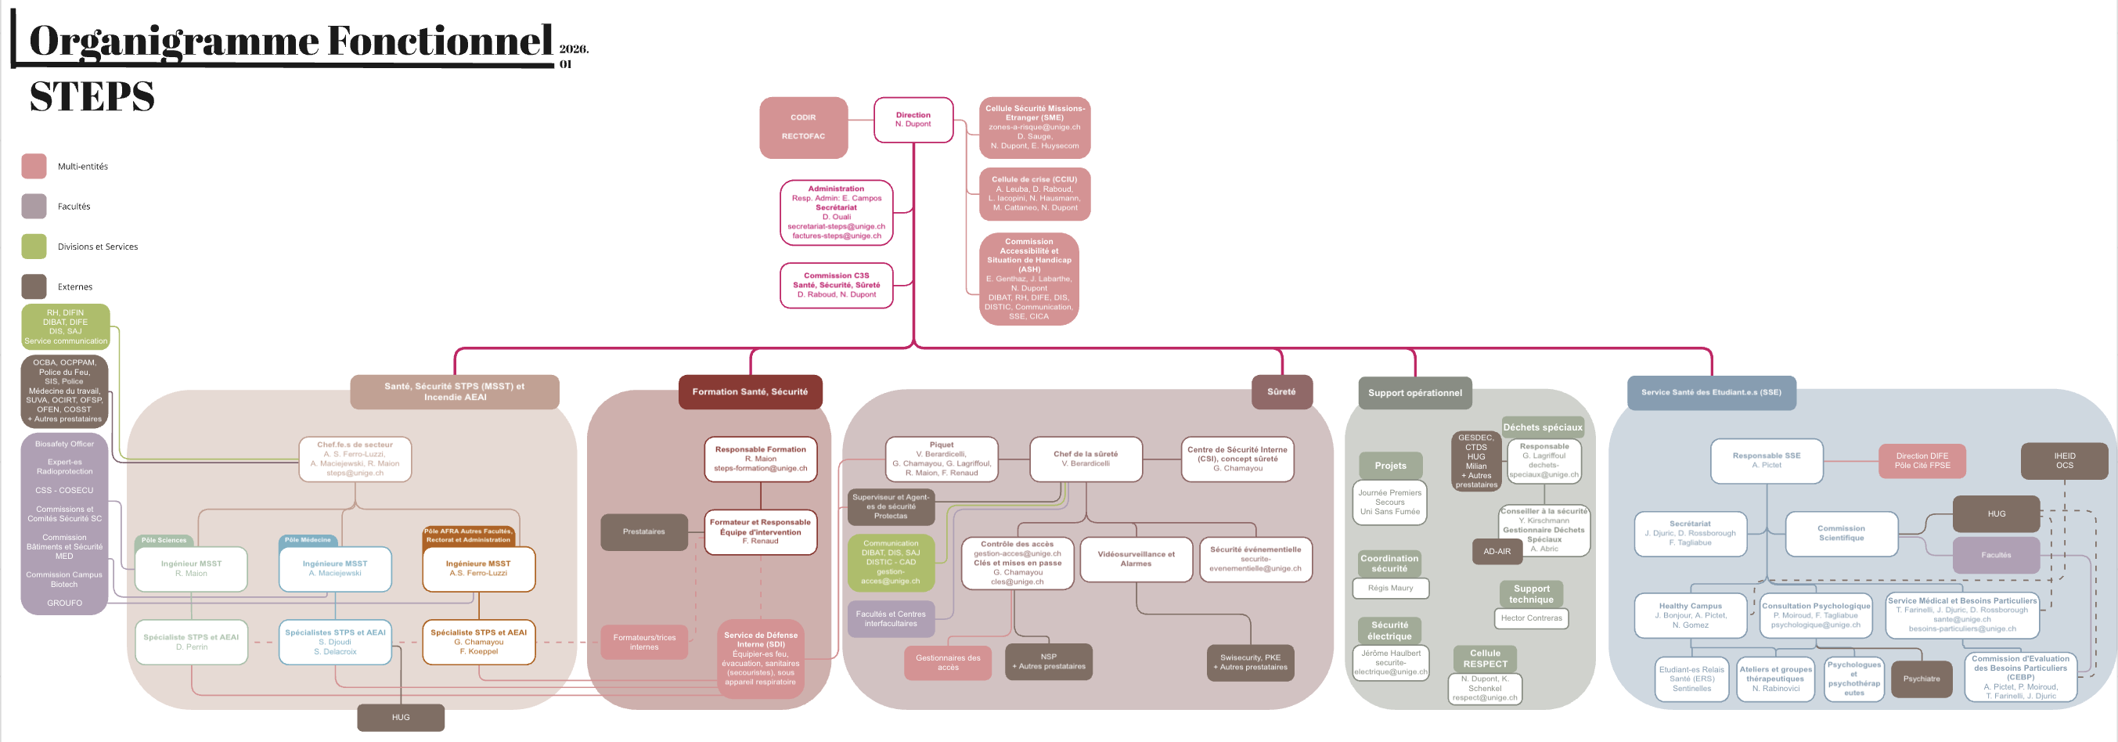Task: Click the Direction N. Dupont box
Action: [913, 120]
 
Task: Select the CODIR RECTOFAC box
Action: [803, 128]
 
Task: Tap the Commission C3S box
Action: [836, 286]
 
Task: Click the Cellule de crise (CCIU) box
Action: [1034, 194]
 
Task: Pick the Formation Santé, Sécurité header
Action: [750, 391]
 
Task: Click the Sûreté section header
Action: [1281, 391]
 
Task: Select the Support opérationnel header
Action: [1414, 392]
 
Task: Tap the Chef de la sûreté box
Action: [1086, 458]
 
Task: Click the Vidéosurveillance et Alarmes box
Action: [1136, 560]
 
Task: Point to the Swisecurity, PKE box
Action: [1250, 662]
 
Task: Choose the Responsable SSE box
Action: [1766, 461]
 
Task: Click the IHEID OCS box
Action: [2064, 461]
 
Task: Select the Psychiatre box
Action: [1921, 679]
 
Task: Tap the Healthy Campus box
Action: [1690, 615]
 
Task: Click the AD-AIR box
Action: [1497, 551]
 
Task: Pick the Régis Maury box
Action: [1390, 588]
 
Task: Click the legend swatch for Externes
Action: [34, 286]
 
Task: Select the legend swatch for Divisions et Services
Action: [34, 246]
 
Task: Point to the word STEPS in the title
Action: [92, 97]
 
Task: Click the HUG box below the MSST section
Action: [401, 717]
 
